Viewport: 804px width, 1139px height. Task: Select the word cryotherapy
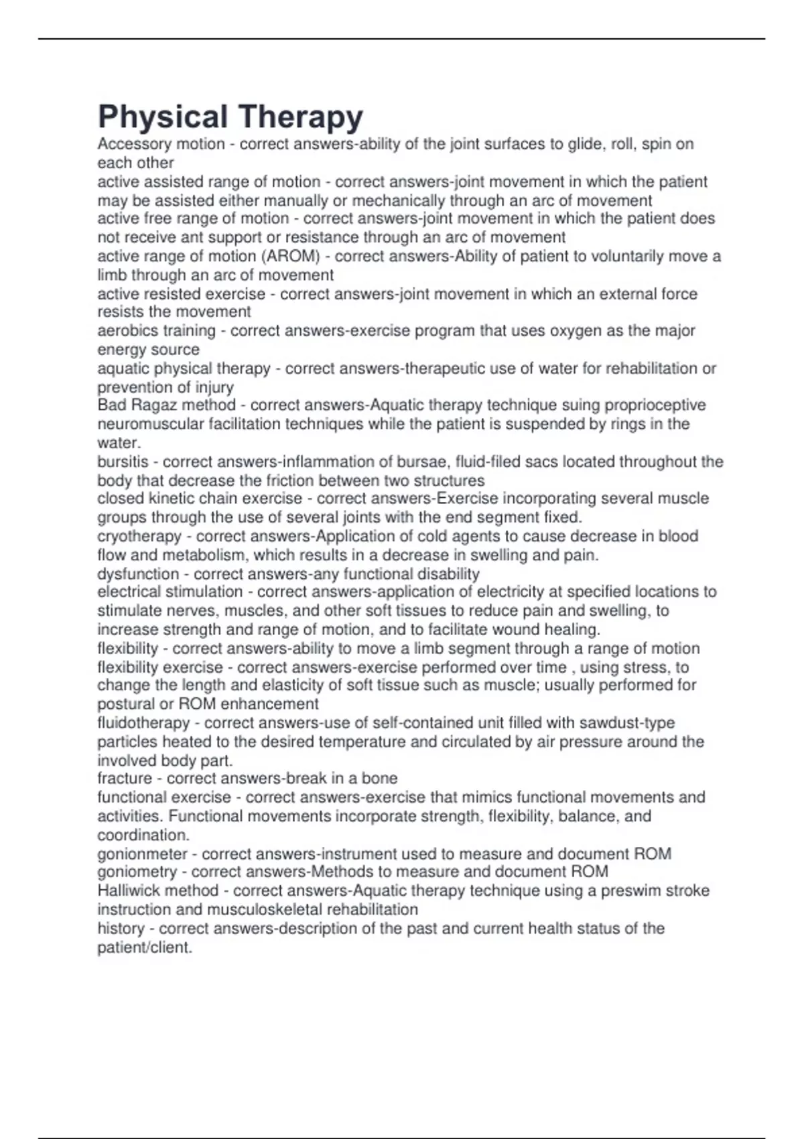click(139, 536)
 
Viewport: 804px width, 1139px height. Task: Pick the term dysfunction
click(138, 574)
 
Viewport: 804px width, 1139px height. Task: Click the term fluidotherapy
click(143, 723)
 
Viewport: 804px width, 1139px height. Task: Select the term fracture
click(125, 779)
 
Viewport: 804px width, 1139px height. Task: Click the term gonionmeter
click(143, 854)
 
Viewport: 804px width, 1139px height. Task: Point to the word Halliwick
click(129, 891)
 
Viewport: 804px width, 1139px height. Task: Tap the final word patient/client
click(144, 948)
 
